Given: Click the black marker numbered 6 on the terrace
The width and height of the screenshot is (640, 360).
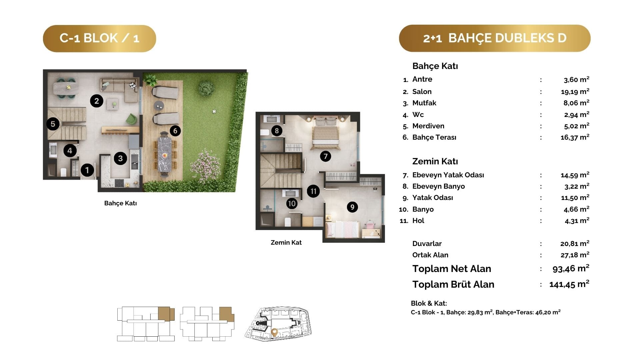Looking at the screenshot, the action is coord(175,131).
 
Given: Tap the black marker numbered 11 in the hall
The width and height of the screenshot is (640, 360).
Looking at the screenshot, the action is coord(313,191).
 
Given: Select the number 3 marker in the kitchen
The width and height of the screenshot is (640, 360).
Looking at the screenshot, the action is coord(120,158).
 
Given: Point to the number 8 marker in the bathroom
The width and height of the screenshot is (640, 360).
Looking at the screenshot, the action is coord(277,131).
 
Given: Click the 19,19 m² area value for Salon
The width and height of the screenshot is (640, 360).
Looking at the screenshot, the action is coord(575,91).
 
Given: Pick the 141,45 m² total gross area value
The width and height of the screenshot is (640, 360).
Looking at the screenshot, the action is coord(569,284).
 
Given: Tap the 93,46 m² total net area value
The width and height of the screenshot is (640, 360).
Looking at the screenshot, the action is coord(571,268).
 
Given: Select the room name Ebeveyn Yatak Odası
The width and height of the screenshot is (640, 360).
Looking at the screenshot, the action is coord(448,175).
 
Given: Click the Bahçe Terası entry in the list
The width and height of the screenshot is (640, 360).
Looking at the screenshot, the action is coord(434,137).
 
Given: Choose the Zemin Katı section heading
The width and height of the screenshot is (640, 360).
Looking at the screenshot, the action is coord(435,161).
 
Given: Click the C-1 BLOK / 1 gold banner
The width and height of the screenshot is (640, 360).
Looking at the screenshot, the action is coord(99,38).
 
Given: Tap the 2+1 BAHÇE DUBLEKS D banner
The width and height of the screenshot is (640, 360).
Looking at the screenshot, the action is coord(495,38).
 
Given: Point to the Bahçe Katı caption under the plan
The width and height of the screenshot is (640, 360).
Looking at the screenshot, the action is coord(120,203).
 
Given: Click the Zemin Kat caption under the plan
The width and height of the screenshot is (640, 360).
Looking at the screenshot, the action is coord(286,243).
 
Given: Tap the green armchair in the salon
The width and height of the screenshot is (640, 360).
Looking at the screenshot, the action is coord(131,119).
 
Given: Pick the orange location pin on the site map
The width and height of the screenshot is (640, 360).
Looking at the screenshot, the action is coord(274,332).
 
